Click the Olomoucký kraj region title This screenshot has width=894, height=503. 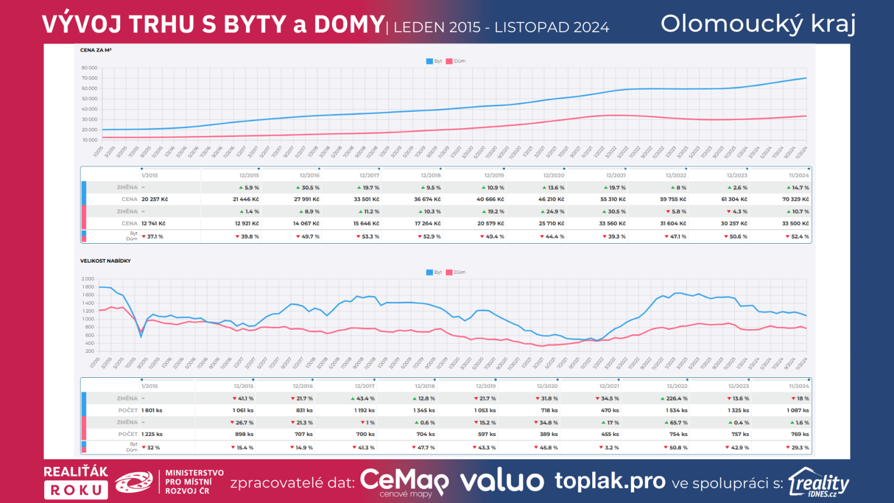click(x=758, y=24)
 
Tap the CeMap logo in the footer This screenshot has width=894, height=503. click(x=404, y=481)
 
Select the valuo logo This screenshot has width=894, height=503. click(x=502, y=481)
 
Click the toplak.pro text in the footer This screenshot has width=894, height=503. click(x=610, y=481)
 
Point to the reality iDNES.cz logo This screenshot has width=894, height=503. click(x=819, y=482)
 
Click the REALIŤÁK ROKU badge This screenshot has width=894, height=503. click(x=76, y=482)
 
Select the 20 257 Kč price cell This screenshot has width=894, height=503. click(x=155, y=199)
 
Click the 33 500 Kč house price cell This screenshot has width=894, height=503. click(x=795, y=224)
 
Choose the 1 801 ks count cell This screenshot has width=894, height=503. click(x=152, y=410)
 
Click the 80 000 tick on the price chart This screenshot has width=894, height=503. click(x=89, y=68)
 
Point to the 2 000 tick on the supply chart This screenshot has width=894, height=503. click(x=88, y=279)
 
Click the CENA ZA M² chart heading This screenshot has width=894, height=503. click(x=96, y=50)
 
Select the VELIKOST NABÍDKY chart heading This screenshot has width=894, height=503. click(x=105, y=261)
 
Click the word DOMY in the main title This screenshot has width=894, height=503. click(x=349, y=25)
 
